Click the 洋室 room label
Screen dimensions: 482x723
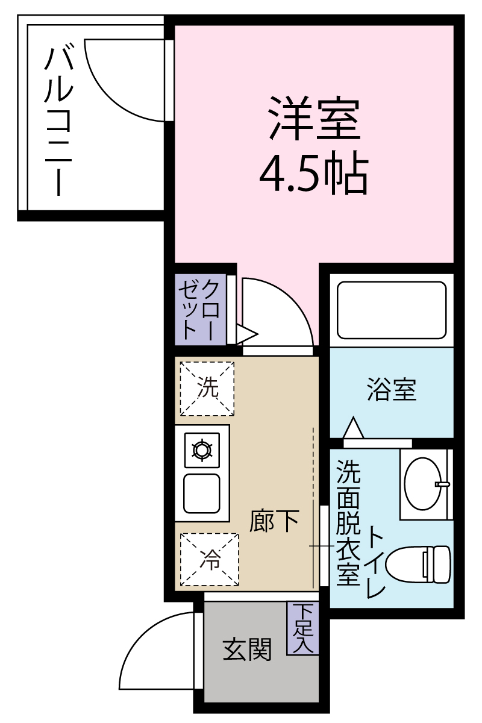click(x=315, y=118)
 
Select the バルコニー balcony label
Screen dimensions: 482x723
click(x=58, y=122)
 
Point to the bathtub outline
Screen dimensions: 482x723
click(x=392, y=310)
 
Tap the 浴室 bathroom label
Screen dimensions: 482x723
click(x=392, y=390)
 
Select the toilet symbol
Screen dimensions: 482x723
click(x=418, y=565)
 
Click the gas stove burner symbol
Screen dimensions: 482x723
click(x=202, y=450)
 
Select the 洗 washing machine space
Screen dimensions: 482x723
click(x=207, y=389)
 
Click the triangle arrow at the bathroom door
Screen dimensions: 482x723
click(x=354, y=427)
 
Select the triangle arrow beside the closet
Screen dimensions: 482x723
click(x=247, y=334)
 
